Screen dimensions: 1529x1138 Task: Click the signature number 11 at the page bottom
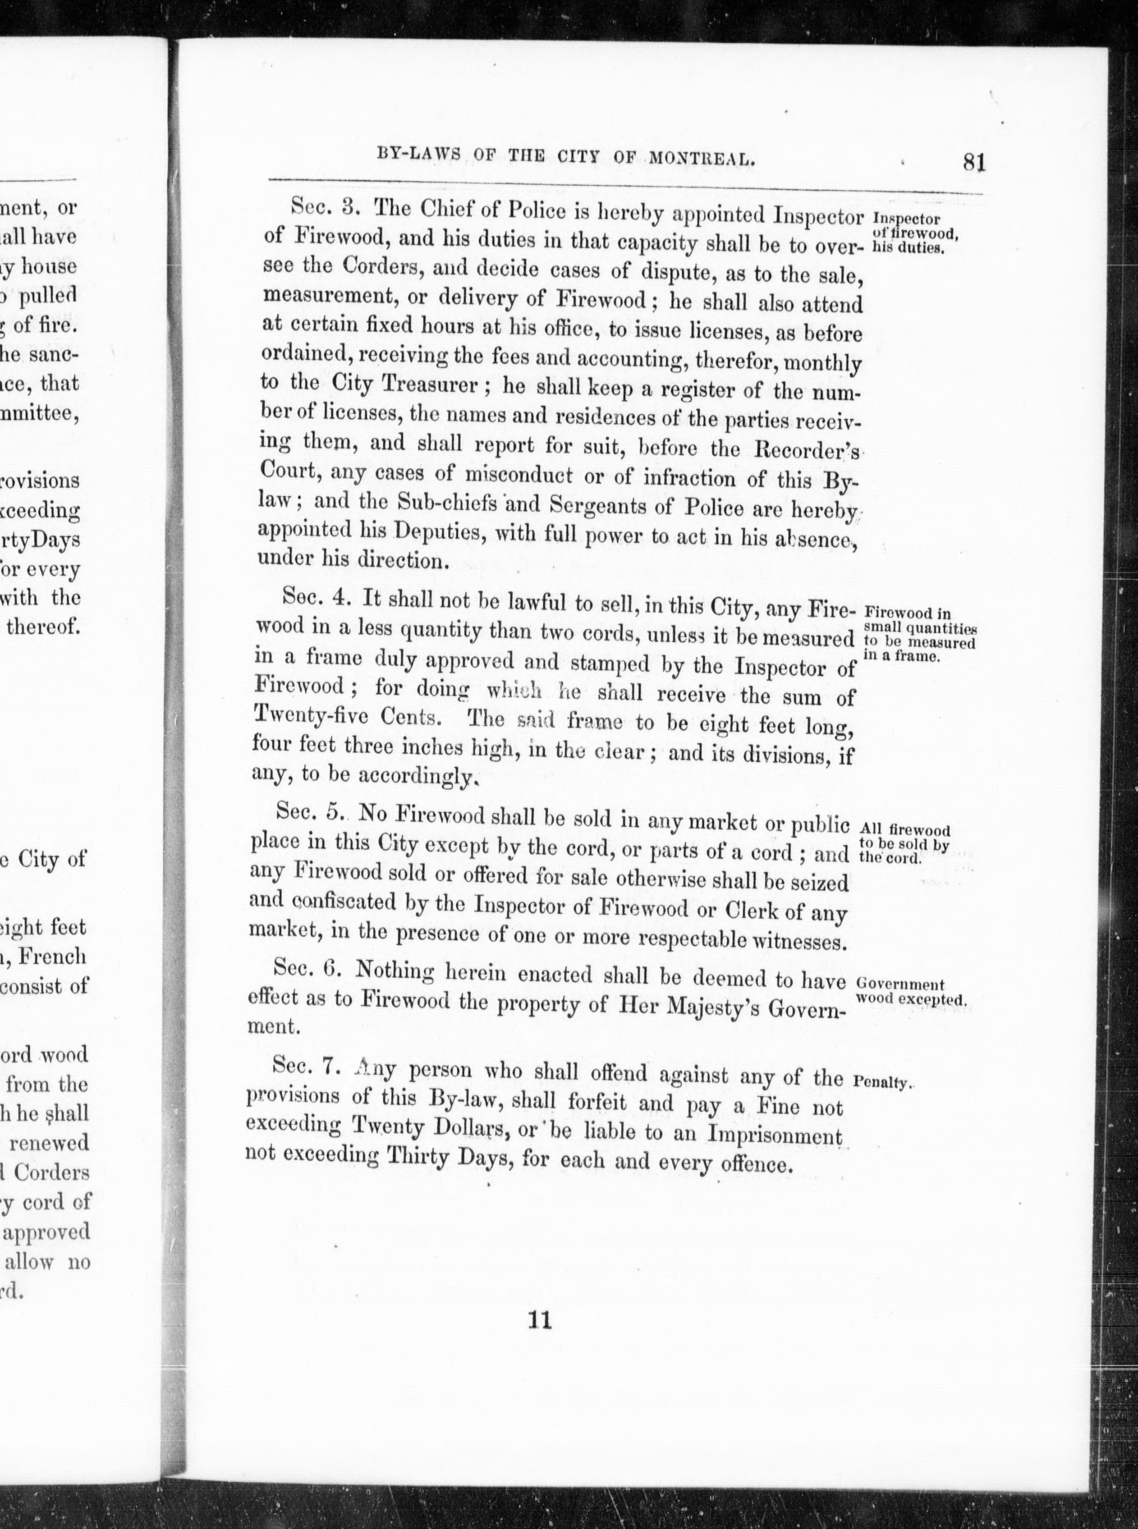pos(539,1320)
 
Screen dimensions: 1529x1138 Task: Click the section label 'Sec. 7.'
pos(304,1066)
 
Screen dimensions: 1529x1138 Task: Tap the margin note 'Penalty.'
pos(882,1082)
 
